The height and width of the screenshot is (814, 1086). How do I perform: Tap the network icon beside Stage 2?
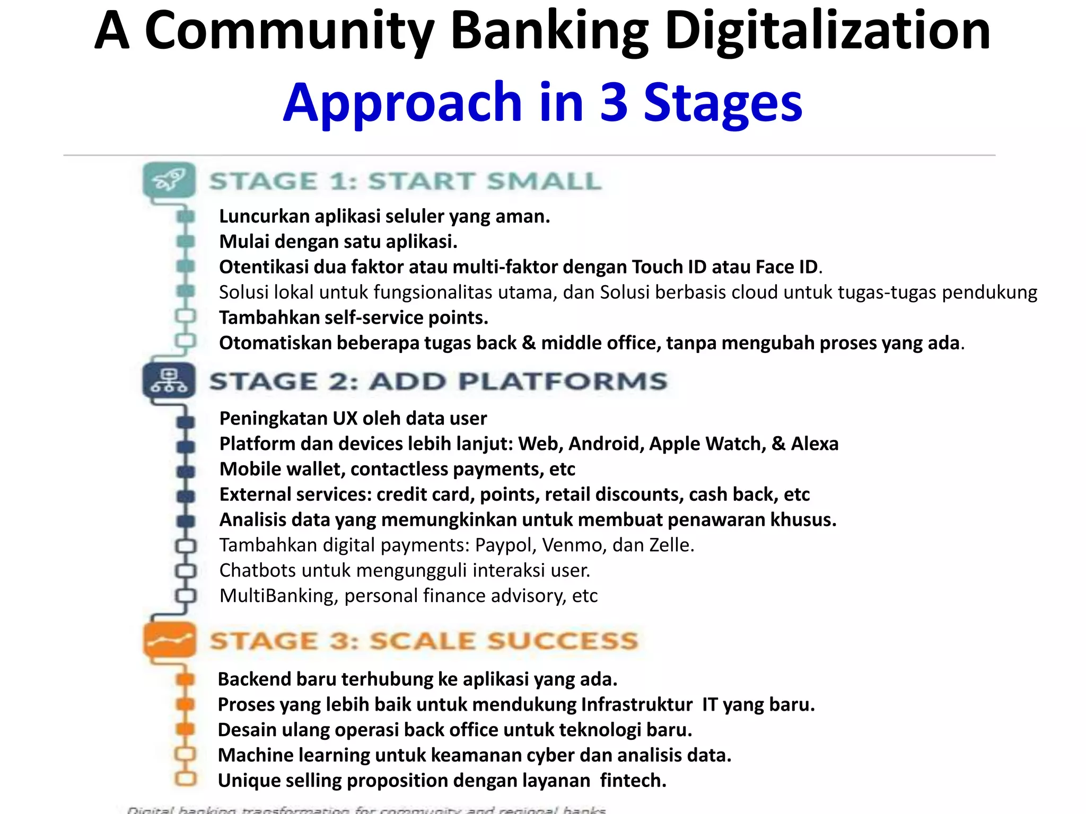169,381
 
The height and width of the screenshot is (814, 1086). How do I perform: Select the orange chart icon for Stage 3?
169,640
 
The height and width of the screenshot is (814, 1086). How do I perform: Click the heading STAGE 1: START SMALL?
405,181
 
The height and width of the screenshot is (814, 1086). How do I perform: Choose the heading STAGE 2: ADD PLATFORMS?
438,382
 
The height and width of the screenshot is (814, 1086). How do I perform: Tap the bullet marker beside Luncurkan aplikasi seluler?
185,216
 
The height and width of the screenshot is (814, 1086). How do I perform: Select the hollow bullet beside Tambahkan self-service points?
185,316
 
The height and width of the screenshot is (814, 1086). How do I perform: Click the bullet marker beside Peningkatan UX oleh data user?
185,422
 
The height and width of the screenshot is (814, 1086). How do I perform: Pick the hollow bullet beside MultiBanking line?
185,595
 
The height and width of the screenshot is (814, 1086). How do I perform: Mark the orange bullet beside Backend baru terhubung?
185,679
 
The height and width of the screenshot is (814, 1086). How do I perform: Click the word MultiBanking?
278,596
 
